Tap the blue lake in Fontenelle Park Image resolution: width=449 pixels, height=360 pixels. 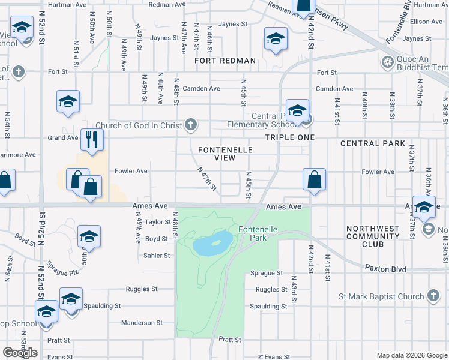[x=213, y=242]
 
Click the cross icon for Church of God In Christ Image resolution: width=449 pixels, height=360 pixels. [x=191, y=125]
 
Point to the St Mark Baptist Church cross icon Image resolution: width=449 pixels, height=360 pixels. [x=433, y=296]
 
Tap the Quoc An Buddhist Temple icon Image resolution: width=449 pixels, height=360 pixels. [x=388, y=61]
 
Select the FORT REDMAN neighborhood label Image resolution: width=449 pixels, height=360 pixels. [x=225, y=61]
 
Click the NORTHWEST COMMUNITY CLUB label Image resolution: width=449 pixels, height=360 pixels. [x=373, y=236]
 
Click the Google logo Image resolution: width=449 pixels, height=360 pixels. [x=20, y=353]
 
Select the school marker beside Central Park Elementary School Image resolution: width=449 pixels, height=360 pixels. [x=297, y=110]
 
